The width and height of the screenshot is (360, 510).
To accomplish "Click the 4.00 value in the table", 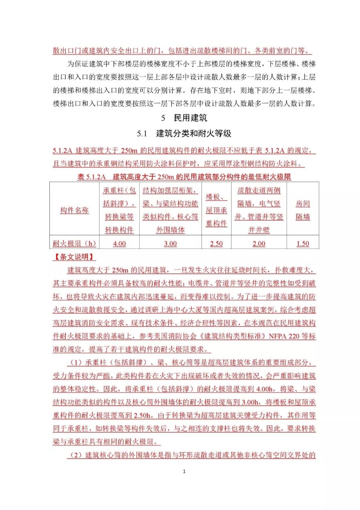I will click(x=119, y=244).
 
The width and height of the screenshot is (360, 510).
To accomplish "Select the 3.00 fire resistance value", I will click(x=170, y=244).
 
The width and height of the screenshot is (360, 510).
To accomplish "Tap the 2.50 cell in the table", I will click(x=216, y=244).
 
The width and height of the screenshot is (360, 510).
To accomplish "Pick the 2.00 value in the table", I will click(x=259, y=244).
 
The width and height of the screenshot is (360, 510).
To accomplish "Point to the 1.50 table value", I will click(x=303, y=244).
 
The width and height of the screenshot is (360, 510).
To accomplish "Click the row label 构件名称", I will click(x=74, y=210).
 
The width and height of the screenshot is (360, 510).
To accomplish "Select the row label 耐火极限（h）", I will click(x=74, y=244).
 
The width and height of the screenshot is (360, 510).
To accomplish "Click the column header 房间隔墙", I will click(x=303, y=210).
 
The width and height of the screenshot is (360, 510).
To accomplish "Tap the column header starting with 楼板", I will click(x=216, y=210).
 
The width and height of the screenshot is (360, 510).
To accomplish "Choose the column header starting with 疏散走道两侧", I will click(x=259, y=210).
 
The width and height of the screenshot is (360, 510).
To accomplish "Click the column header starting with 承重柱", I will click(x=119, y=210).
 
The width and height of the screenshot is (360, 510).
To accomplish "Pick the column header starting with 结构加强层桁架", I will click(x=170, y=210).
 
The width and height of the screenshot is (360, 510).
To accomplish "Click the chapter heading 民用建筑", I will click(x=190, y=118).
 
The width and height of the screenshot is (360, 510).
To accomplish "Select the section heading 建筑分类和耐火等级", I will click(x=194, y=134).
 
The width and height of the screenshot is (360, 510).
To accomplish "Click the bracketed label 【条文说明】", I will click(x=74, y=257).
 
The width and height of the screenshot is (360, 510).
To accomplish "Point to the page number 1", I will click(x=184, y=471).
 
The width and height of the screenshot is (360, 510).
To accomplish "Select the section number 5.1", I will click(x=142, y=134).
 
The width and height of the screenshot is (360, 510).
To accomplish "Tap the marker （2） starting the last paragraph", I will click(x=76, y=455).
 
